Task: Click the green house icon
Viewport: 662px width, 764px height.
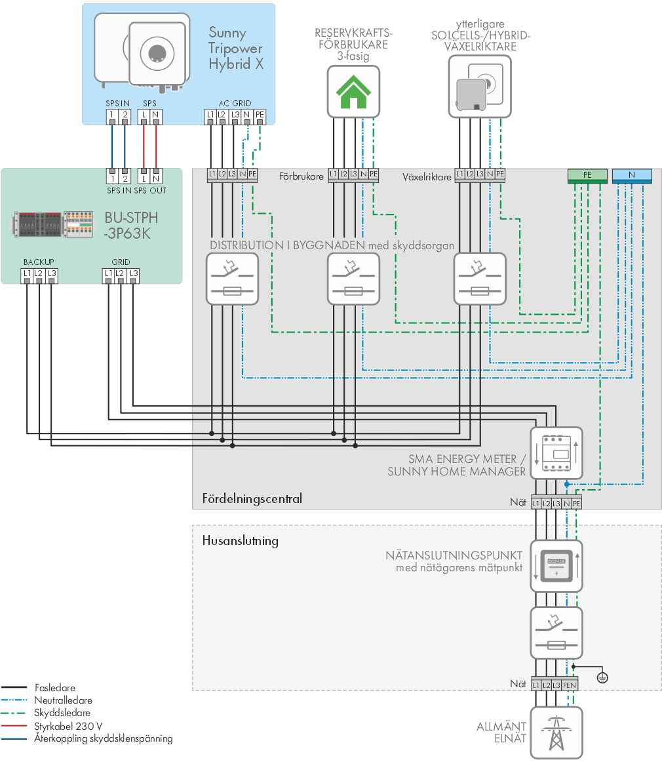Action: pos(353,92)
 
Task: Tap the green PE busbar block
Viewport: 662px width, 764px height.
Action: pos(587,175)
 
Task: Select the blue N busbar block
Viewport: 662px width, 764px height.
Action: pos(632,175)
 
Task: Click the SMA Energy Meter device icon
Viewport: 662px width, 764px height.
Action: pos(556,453)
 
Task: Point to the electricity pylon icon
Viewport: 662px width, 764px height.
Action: pos(556,733)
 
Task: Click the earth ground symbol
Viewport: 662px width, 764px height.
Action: pos(602,677)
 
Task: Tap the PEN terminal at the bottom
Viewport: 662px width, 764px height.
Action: pos(570,685)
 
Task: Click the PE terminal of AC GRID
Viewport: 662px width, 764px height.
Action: pos(260,115)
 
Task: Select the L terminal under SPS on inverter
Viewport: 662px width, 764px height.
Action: pos(144,115)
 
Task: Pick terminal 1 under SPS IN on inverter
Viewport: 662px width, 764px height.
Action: pos(112,115)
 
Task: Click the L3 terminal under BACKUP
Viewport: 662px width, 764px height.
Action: pos(52,274)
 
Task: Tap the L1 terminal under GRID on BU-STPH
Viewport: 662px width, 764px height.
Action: pos(108,274)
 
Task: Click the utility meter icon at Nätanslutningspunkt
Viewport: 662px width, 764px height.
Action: pos(556,566)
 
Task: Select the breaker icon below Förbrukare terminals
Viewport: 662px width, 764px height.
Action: pos(353,279)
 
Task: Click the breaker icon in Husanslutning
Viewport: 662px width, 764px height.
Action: pos(556,633)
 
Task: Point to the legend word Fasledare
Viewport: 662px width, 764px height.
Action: pos(55,687)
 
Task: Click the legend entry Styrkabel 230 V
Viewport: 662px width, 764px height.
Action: pos(68,726)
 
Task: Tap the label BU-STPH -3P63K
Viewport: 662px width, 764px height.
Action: pos(131,225)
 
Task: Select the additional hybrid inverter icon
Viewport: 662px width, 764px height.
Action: pos(480,87)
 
